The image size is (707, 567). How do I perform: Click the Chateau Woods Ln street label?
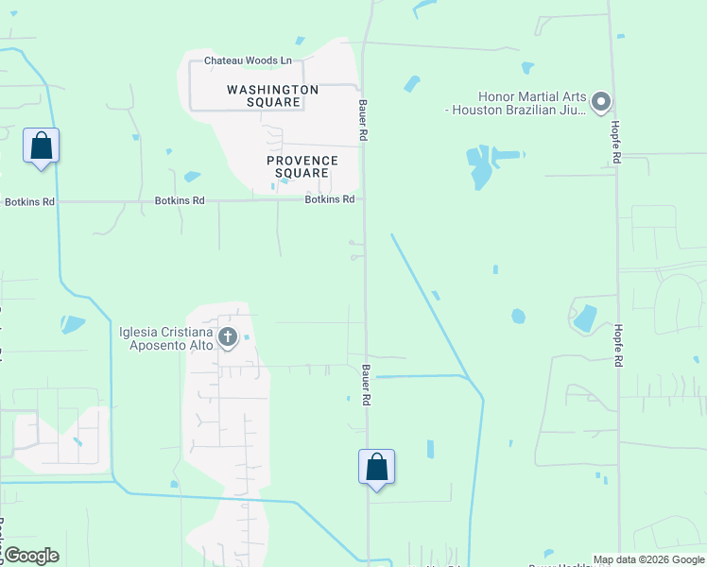(x=240, y=60)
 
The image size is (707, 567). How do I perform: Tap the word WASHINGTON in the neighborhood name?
(x=272, y=89)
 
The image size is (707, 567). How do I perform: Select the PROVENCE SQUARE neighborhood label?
(x=302, y=166)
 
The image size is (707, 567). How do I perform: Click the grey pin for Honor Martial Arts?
(x=601, y=101)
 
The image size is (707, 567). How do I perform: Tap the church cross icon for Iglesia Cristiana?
(x=227, y=336)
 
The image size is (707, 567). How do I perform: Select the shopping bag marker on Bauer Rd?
(x=376, y=467)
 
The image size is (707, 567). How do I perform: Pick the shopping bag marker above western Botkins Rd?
(x=41, y=146)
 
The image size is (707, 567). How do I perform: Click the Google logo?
(x=31, y=556)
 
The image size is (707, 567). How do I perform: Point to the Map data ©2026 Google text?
(x=648, y=559)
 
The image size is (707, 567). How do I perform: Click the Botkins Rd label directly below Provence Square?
(x=329, y=199)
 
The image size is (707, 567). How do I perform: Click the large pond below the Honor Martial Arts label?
(x=481, y=166)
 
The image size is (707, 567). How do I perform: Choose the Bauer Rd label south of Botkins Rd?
(x=364, y=385)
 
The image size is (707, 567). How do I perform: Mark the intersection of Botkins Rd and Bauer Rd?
(x=364, y=199)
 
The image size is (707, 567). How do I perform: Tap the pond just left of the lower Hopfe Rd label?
(x=584, y=318)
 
